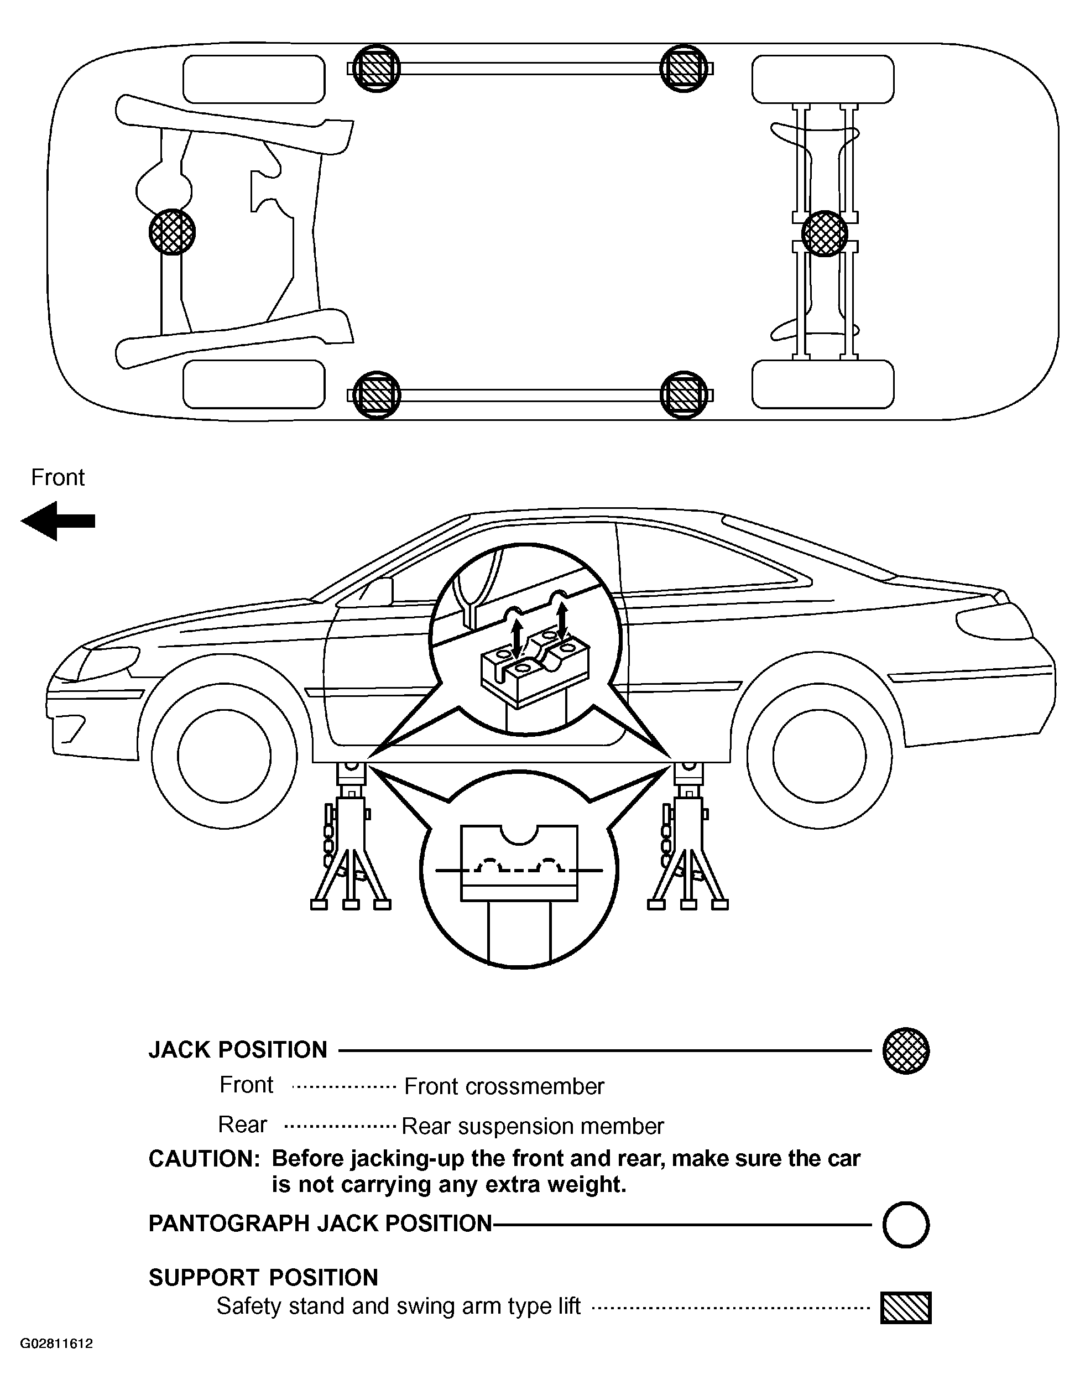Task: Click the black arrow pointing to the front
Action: (58, 520)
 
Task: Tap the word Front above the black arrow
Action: (58, 477)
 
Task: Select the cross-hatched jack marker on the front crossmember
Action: (172, 232)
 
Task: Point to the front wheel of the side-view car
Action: (224, 756)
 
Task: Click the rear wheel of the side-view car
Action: (820, 756)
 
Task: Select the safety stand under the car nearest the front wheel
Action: (350, 836)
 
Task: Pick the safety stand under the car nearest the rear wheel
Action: (688, 836)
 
